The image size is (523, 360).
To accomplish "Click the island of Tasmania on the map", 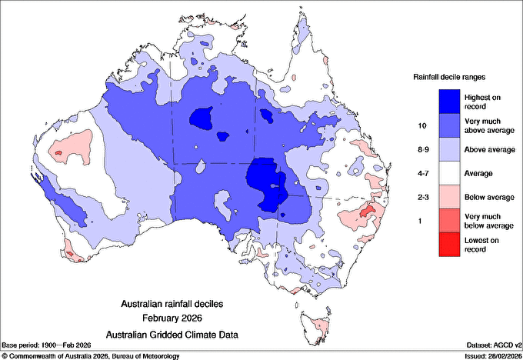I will point(318,322).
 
